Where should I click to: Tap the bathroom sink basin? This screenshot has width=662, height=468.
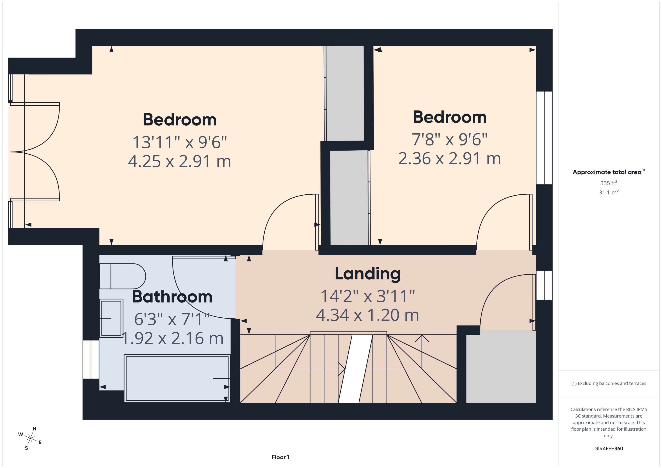[111, 318]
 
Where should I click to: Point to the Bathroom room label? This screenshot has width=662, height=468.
[172, 297]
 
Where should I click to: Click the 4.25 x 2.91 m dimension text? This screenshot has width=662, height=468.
[179, 161]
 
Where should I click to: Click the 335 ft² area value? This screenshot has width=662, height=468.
[609, 183]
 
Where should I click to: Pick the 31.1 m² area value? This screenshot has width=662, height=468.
[609, 192]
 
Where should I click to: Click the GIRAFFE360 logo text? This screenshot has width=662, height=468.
[609, 448]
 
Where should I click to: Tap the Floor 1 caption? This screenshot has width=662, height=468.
[280, 457]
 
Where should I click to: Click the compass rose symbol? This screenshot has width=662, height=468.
[30, 438]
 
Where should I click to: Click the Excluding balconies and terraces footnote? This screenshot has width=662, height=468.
[609, 383]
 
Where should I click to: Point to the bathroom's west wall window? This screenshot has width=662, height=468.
[91, 359]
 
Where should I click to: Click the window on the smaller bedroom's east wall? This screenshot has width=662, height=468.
[544, 138]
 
